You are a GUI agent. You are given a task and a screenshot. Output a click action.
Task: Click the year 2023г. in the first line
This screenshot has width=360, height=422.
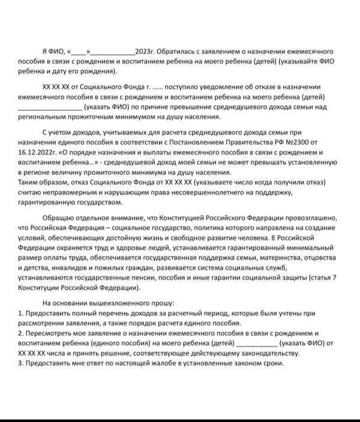pos(146,52)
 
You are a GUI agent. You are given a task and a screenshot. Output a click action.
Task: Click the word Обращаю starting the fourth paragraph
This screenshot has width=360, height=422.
pos(60,219)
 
